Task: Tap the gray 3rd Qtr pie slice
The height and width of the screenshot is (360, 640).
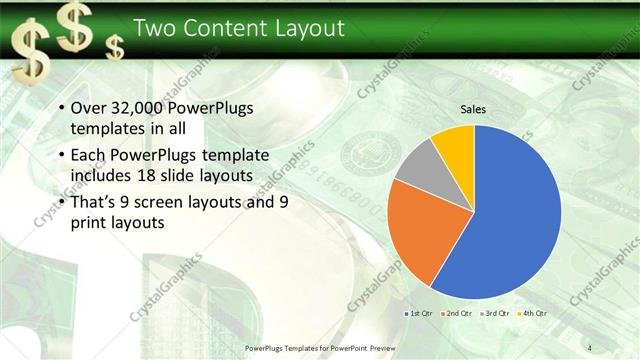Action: pyautogui.click(x=418, y=167)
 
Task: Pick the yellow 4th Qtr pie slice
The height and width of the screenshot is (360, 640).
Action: pyautogui.click(x=455, y=144)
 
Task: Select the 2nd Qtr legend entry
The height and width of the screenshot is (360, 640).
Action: pyautogui.click(x=457, y=313)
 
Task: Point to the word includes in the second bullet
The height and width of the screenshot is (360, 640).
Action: pyautogui.click(x=104, y=175)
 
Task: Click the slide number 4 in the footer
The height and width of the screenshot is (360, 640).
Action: pyautogui.click(x=590, y=347)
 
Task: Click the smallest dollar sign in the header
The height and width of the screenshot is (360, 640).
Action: pyautogui.click(x=117, y=46)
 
